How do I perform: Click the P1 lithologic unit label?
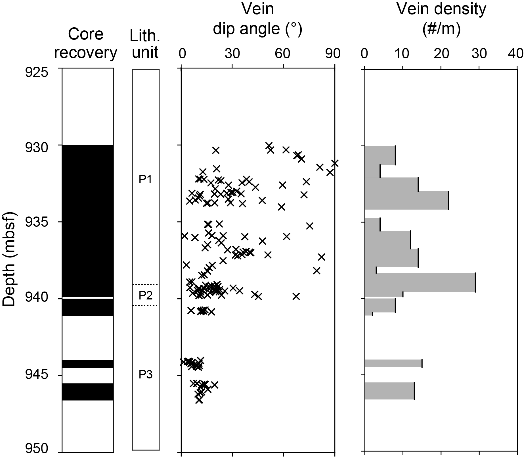[145, 180]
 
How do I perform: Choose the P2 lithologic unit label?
[145, 296]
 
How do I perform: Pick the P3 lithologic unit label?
[145, 375]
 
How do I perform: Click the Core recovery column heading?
[86, 43]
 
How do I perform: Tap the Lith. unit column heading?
[145, 43]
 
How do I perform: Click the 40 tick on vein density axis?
[517, 54]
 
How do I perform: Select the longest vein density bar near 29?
[420, 282]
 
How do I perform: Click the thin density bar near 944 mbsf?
[393, 363]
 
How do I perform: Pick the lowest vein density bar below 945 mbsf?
[389, 391]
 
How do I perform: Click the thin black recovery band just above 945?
[87, 364]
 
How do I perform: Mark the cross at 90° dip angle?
[335, 163]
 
